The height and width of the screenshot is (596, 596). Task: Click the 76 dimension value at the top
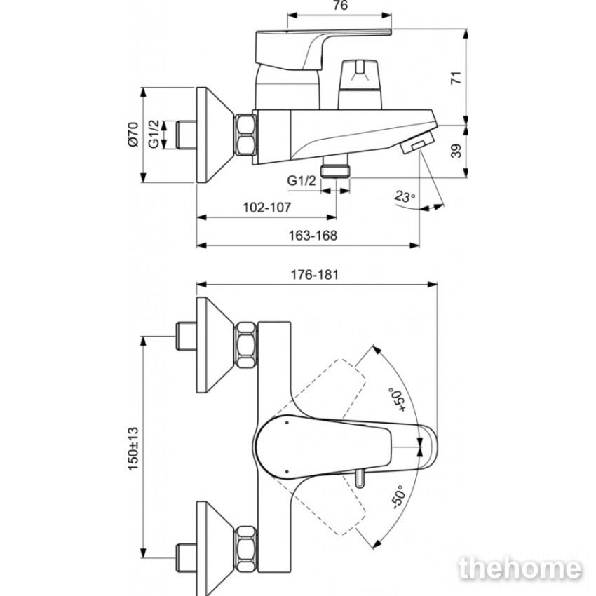[x=340, y=6]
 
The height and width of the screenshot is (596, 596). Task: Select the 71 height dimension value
[x=456, y=78]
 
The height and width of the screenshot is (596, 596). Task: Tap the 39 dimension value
[x=456, y=151]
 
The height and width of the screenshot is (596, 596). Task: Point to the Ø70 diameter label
[x=133, y=135]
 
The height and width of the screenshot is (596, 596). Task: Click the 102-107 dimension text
[x=267, y=207]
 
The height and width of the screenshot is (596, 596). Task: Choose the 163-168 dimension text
[x=313, y=236]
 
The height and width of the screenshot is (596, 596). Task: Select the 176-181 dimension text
[x=314, y=274]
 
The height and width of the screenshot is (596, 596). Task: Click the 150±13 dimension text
[x=133, y=449]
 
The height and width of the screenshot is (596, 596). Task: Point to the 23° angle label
[x=405, y=196]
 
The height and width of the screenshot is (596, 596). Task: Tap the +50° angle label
[x=397, y=400]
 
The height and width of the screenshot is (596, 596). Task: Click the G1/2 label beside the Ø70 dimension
[x=154, y=135]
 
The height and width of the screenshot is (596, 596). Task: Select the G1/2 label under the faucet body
[x=302, y=180]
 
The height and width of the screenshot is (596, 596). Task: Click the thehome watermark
[x=520, y=569]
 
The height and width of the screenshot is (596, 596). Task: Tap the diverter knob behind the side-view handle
[x=360, y=84]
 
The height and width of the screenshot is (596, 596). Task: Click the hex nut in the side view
[x=245, y=135]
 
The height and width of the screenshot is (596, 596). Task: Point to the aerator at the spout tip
[x=418, y=142]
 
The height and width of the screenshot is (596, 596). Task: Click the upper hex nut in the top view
[x=246, y=345]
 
